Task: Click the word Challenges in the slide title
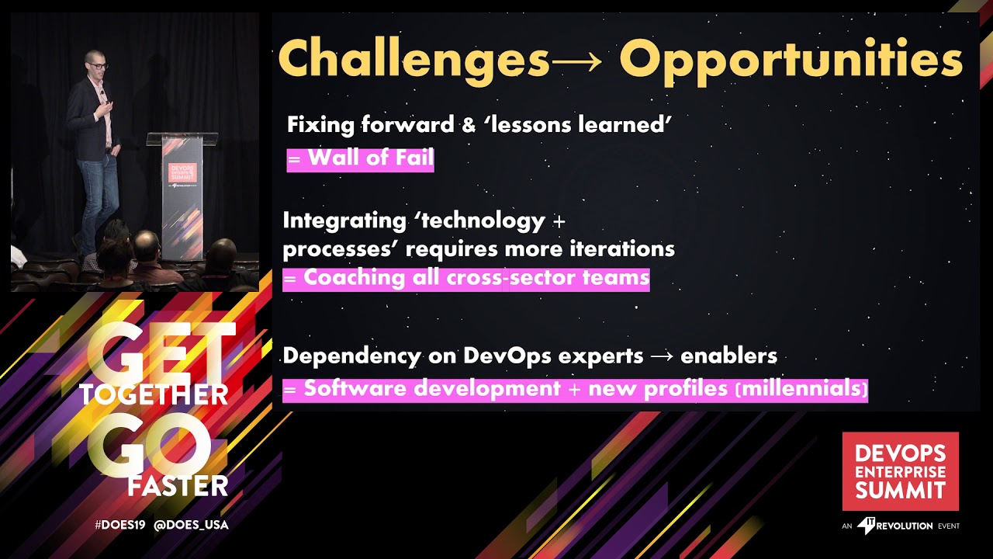[413, 57]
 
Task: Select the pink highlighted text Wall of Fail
[360, 158]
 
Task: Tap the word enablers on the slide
[728, 356]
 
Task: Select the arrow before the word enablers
[662, 356]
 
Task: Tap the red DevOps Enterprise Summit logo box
[900, 471]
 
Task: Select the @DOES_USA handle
[191, 525]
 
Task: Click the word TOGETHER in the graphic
[154, 394]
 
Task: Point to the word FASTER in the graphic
[178, 486]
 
